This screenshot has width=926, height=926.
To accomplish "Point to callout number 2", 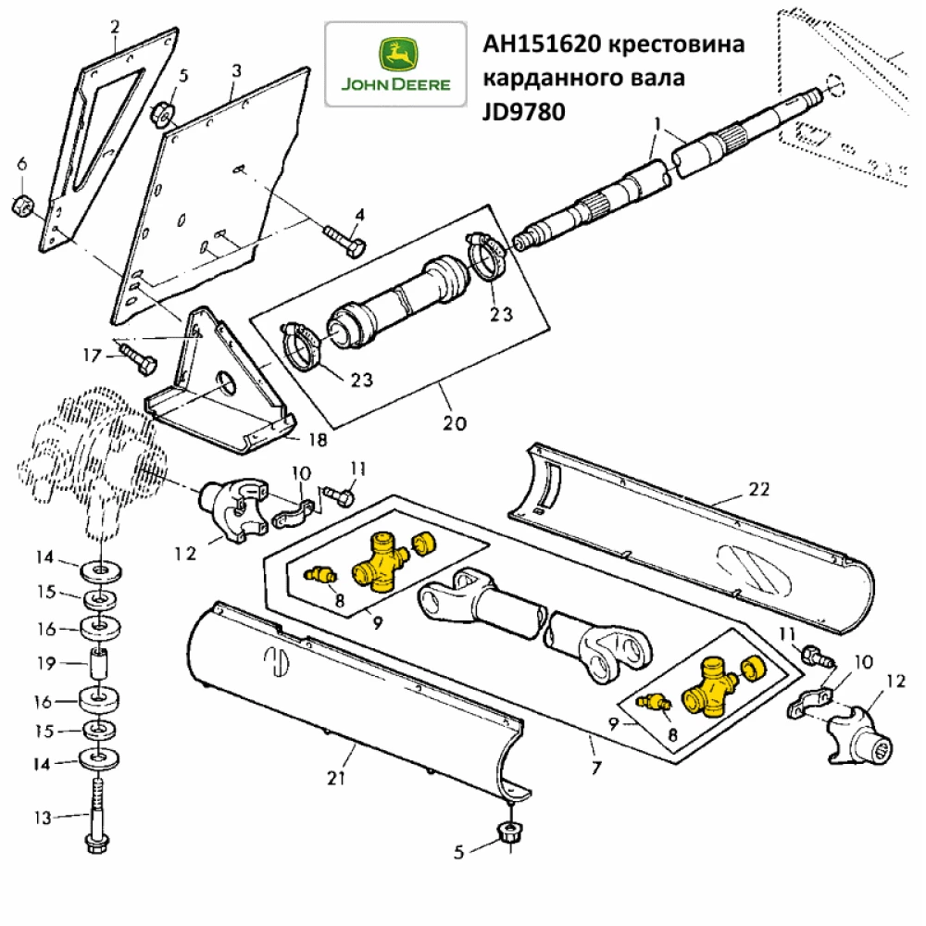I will [x=115, y=27].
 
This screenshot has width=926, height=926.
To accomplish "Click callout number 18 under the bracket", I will [x=316, y=440].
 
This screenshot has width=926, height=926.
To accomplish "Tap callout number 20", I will [x=455, y=423].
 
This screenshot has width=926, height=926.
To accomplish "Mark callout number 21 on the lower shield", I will [x=334, y=778].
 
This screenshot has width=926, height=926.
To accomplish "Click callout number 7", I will [x=595, y=768].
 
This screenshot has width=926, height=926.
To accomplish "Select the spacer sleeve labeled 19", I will [x=99, y=663].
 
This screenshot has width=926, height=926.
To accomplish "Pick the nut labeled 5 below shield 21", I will [x=508, y=832].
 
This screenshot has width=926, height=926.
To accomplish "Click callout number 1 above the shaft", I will [x=657, y=123].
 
